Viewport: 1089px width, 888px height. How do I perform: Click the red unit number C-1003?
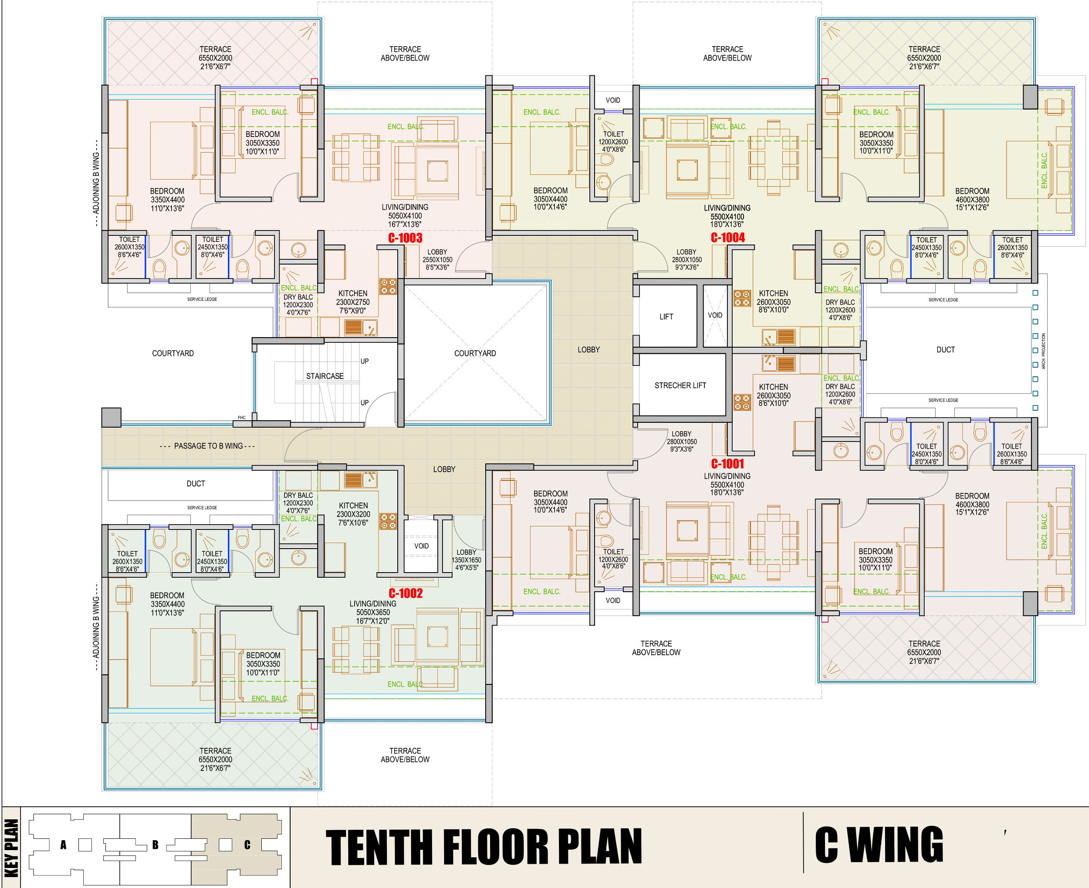point(405,238)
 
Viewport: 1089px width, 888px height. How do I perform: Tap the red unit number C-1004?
point(727,238)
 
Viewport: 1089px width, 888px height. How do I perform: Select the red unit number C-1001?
point(727,464)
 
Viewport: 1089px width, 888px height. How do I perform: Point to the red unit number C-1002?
point(406,593)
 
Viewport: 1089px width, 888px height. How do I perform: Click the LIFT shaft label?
point(666,317)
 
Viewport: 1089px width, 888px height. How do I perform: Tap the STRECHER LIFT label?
point(680,385)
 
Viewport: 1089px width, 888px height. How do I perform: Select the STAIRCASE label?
point(325,376)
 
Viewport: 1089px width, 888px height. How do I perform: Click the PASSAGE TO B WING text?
point(208,446)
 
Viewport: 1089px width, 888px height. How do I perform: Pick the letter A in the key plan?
point(63,845)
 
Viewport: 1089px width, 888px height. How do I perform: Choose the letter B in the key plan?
point(155,845)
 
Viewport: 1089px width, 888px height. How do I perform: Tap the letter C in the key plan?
point(247,845)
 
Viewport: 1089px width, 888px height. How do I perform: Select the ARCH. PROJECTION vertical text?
point(1043,352)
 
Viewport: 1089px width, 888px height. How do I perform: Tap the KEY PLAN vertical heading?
point(11,848)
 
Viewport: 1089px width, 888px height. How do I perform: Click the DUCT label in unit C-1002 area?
point(196,484)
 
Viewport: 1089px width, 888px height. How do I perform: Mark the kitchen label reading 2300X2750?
point(353,302)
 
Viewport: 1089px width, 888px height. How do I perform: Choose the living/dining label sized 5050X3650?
point(373,612)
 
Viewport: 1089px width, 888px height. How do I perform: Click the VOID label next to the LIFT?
point(715,315)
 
